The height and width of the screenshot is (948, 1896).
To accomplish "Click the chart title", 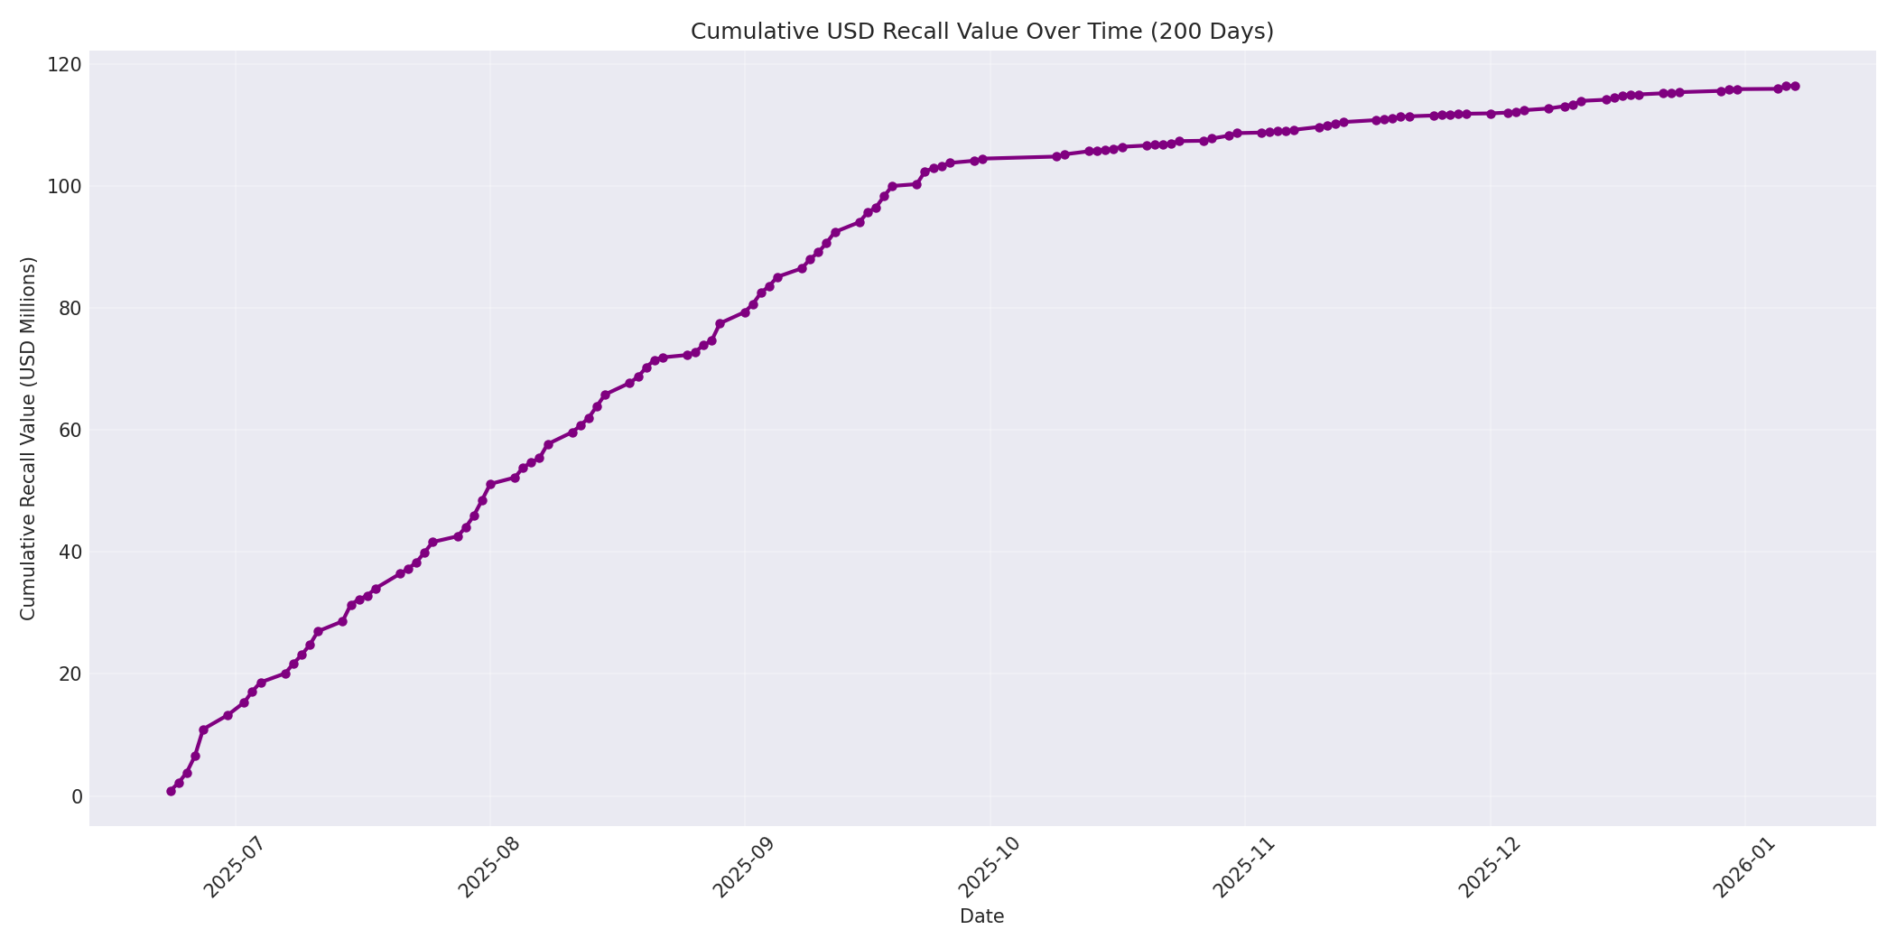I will [x=981, y=32].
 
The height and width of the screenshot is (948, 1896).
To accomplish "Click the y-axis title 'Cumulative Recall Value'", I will [x=29, y=439].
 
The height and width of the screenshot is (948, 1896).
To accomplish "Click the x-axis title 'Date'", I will [x=981, y=917].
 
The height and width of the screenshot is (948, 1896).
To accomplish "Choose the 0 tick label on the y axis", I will [x=77, y=796].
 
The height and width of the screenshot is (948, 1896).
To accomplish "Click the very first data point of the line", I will [x=171, y=791].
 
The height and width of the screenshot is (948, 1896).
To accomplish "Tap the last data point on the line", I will [x=1795, y=87].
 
